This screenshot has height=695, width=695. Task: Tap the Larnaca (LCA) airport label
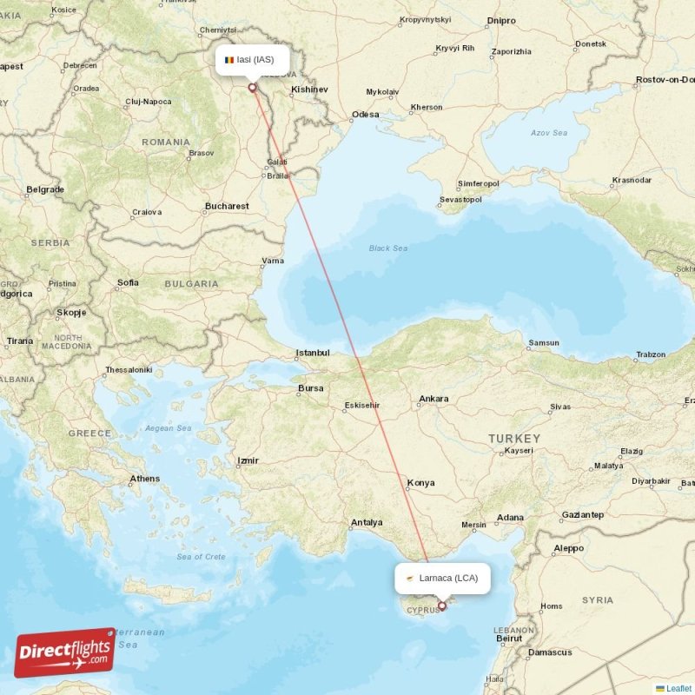[442, 578]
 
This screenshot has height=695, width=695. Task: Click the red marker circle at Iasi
[253, 87]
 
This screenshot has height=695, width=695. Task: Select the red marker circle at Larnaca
[442, 606]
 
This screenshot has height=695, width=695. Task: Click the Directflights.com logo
[65, 652]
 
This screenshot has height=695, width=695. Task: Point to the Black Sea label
[387, 248]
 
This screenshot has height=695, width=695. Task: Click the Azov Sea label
[548, 133]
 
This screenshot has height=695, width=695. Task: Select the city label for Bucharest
[227, 207]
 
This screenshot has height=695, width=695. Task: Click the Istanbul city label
[313, 353]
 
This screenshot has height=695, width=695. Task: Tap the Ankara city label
[434, 400]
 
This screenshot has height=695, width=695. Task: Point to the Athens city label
[144, 479]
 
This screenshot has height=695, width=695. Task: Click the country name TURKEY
[513, 439]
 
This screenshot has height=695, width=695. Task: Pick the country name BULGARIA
[191, 283]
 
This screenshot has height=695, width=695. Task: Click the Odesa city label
[365, 115]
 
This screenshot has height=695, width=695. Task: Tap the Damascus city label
[550, 652]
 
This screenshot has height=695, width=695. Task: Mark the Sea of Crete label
[201, 556]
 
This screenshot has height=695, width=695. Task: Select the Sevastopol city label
[460, 199]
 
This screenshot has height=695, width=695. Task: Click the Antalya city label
[366, 522]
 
